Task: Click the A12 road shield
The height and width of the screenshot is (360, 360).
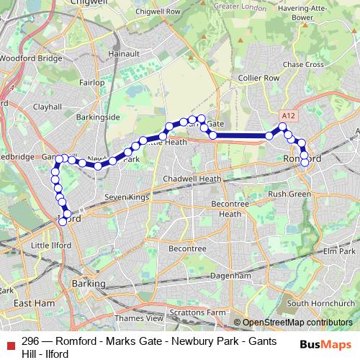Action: [289, 115]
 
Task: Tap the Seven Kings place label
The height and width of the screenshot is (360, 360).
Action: [126, 197]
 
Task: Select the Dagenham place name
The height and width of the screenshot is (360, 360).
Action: [231, 275]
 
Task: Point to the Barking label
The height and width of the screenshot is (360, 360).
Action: [89, 284]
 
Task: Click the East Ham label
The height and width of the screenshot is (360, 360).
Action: [35, 303]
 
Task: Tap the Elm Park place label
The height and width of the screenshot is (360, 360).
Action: [340, 251]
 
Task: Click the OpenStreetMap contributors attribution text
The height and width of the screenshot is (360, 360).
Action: [297, 323]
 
